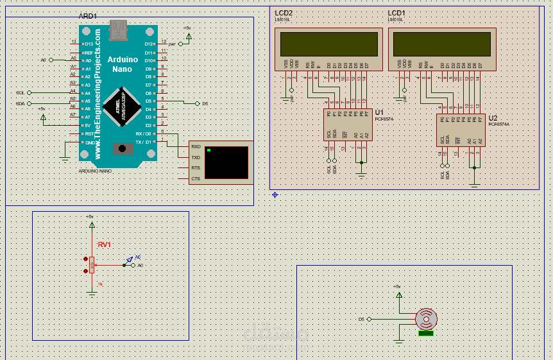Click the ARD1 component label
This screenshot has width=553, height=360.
click(x=88, y=16)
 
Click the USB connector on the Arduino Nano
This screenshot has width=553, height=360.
click(x=118, y=28)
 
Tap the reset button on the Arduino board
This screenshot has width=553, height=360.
click(x=120, y=149)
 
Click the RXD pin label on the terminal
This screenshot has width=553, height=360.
click(x=196, y=147)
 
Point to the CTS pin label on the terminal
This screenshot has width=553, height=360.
click(x=196, y=178)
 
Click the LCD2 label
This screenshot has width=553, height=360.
click(x=284, y=13)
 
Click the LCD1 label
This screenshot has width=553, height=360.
click(x=396, y=13)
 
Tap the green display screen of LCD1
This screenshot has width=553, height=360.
click(x=443, y=44)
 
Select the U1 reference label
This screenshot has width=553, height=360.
click(x=379, y=112)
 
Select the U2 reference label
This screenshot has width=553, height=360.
click(x=493, y=118)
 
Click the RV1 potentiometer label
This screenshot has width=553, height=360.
click(x=105, y=244)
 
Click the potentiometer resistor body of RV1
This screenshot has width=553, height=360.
click(x=92, y=264)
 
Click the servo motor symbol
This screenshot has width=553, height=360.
click(x=426, y=318)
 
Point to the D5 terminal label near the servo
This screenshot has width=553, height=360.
click(x=361, y=319)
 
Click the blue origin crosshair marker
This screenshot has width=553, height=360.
click(x=275, y=194)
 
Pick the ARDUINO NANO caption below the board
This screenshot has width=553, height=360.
click(x=95, y=171)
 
